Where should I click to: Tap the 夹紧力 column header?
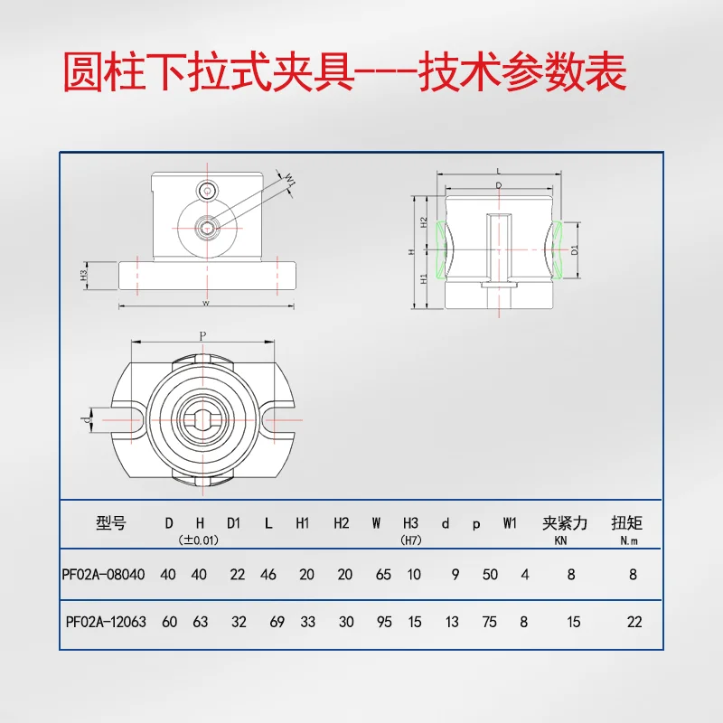(x=565, y=522)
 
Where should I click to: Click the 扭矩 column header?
(x=626, y=522)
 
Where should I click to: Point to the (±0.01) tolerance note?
(x=198, y=540)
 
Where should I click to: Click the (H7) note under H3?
(x=411, y=540)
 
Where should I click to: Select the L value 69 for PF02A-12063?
(x=278, y=622)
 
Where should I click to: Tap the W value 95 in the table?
(x=383, y=622)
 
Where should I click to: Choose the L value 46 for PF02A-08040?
(x=268, y=575)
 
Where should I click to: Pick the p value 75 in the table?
(x=490, y=622)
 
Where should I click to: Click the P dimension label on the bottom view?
(x=202, y=336)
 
